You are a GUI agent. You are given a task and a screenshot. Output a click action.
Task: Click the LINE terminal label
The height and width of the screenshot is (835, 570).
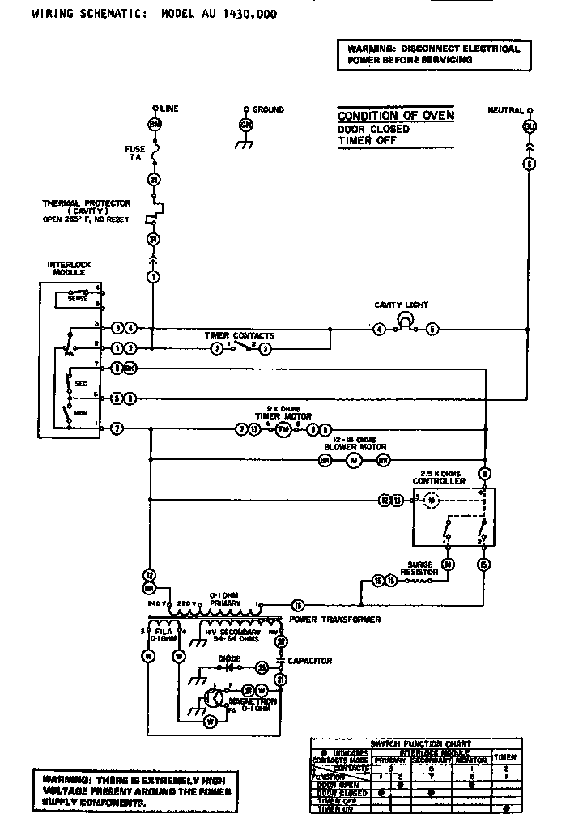[170, 109]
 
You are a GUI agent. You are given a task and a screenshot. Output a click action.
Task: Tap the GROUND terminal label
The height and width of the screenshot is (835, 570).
[267, 109]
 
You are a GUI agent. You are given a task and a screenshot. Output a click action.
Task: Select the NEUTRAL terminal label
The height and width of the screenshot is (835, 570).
[505, 109]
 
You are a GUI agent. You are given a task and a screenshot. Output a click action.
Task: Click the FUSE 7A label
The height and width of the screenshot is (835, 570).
[134, 152]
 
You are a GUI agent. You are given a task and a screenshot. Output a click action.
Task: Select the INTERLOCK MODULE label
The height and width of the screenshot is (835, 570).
[66, 269]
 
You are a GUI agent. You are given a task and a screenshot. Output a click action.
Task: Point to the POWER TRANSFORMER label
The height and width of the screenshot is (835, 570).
[334, 620]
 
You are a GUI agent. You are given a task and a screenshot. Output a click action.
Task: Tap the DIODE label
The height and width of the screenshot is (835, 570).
[229, 658]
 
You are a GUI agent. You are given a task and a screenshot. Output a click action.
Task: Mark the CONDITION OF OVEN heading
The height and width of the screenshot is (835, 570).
[395, 116]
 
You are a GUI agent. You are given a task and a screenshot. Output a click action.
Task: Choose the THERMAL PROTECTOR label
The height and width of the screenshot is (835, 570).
[78, 207]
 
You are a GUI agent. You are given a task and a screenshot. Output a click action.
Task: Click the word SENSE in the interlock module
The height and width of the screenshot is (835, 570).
[77, 298]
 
